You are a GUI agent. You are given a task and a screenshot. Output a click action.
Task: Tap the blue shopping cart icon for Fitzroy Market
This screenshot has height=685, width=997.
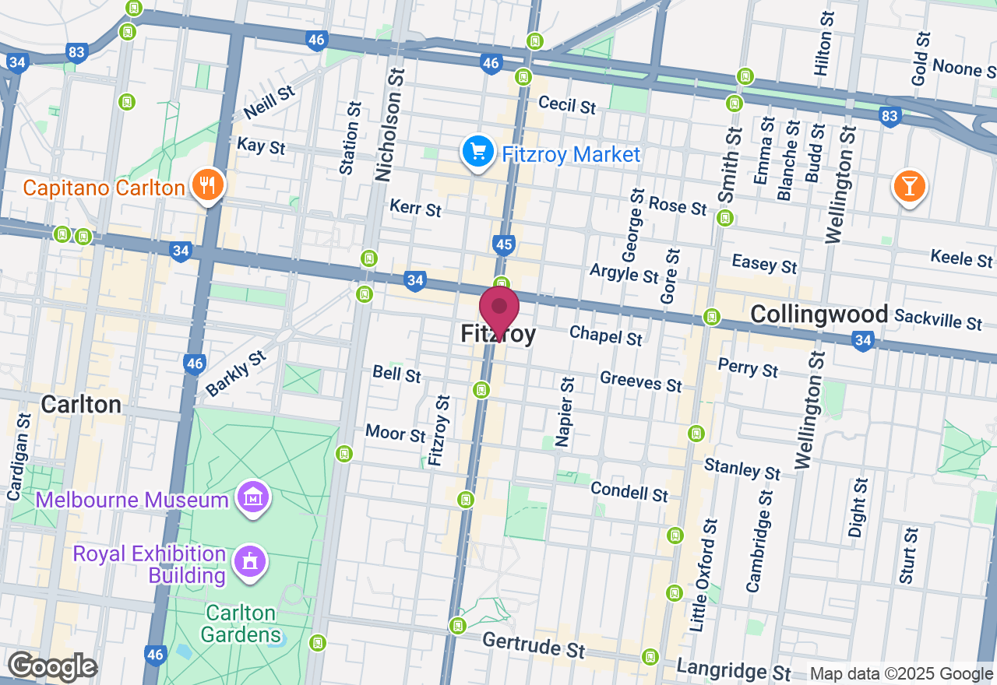[477, 153]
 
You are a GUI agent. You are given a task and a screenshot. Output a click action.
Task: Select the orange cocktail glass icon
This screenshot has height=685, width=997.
[908, 186]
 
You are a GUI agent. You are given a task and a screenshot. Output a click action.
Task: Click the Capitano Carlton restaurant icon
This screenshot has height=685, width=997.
[206, 185]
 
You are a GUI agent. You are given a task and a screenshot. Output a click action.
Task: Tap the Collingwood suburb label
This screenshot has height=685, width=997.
[819, 314]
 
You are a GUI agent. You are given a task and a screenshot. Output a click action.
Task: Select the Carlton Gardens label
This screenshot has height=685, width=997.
[241, 624]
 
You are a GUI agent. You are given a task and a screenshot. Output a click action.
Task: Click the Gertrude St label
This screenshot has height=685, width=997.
[534, 645]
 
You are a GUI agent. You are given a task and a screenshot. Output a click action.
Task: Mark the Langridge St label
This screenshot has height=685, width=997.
[734, 669]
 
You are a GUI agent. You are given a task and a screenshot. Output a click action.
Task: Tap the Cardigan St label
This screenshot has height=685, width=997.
[18, 457]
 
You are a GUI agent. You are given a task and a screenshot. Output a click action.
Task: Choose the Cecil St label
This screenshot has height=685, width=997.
[567, 104]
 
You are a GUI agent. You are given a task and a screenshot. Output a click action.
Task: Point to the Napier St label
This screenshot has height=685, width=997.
[567, 412]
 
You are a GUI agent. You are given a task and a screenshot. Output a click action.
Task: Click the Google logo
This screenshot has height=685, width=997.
[52, 667]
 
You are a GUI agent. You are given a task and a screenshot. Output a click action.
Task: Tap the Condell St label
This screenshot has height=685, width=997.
[629, 491]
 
